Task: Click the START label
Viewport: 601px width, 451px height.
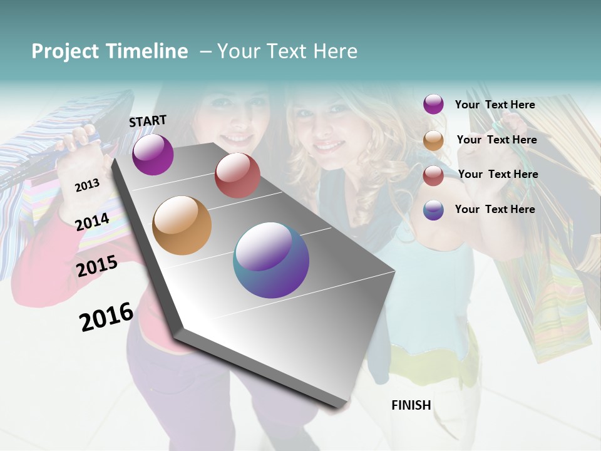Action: coord(148,121)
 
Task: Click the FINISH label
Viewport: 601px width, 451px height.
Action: coord(411,405)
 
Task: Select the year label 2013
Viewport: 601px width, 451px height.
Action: coord(87,185)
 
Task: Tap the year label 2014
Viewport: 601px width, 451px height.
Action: coord(93,222)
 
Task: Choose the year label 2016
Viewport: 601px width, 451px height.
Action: coord(106,317)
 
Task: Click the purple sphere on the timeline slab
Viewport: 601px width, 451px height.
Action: coord(153,154)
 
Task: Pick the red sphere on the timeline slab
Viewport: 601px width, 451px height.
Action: coord(237,175)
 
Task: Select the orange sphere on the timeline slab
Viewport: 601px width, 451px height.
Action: coord(182,225)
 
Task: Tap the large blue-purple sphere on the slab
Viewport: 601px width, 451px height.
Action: coord(271,260)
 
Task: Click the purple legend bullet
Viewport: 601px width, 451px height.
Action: coord(433,104)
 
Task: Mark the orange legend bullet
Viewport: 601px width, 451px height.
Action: coord(433,140)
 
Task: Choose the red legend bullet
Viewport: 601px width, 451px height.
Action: coord(433,175)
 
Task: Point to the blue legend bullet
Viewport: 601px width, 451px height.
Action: coord(433,210)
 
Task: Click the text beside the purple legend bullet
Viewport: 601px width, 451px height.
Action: coord(495,105)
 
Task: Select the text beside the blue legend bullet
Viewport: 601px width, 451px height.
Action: coord(495,209)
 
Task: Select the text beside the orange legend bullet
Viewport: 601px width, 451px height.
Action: coord(496,140)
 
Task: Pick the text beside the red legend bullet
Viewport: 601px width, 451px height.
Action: coord(498,174)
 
